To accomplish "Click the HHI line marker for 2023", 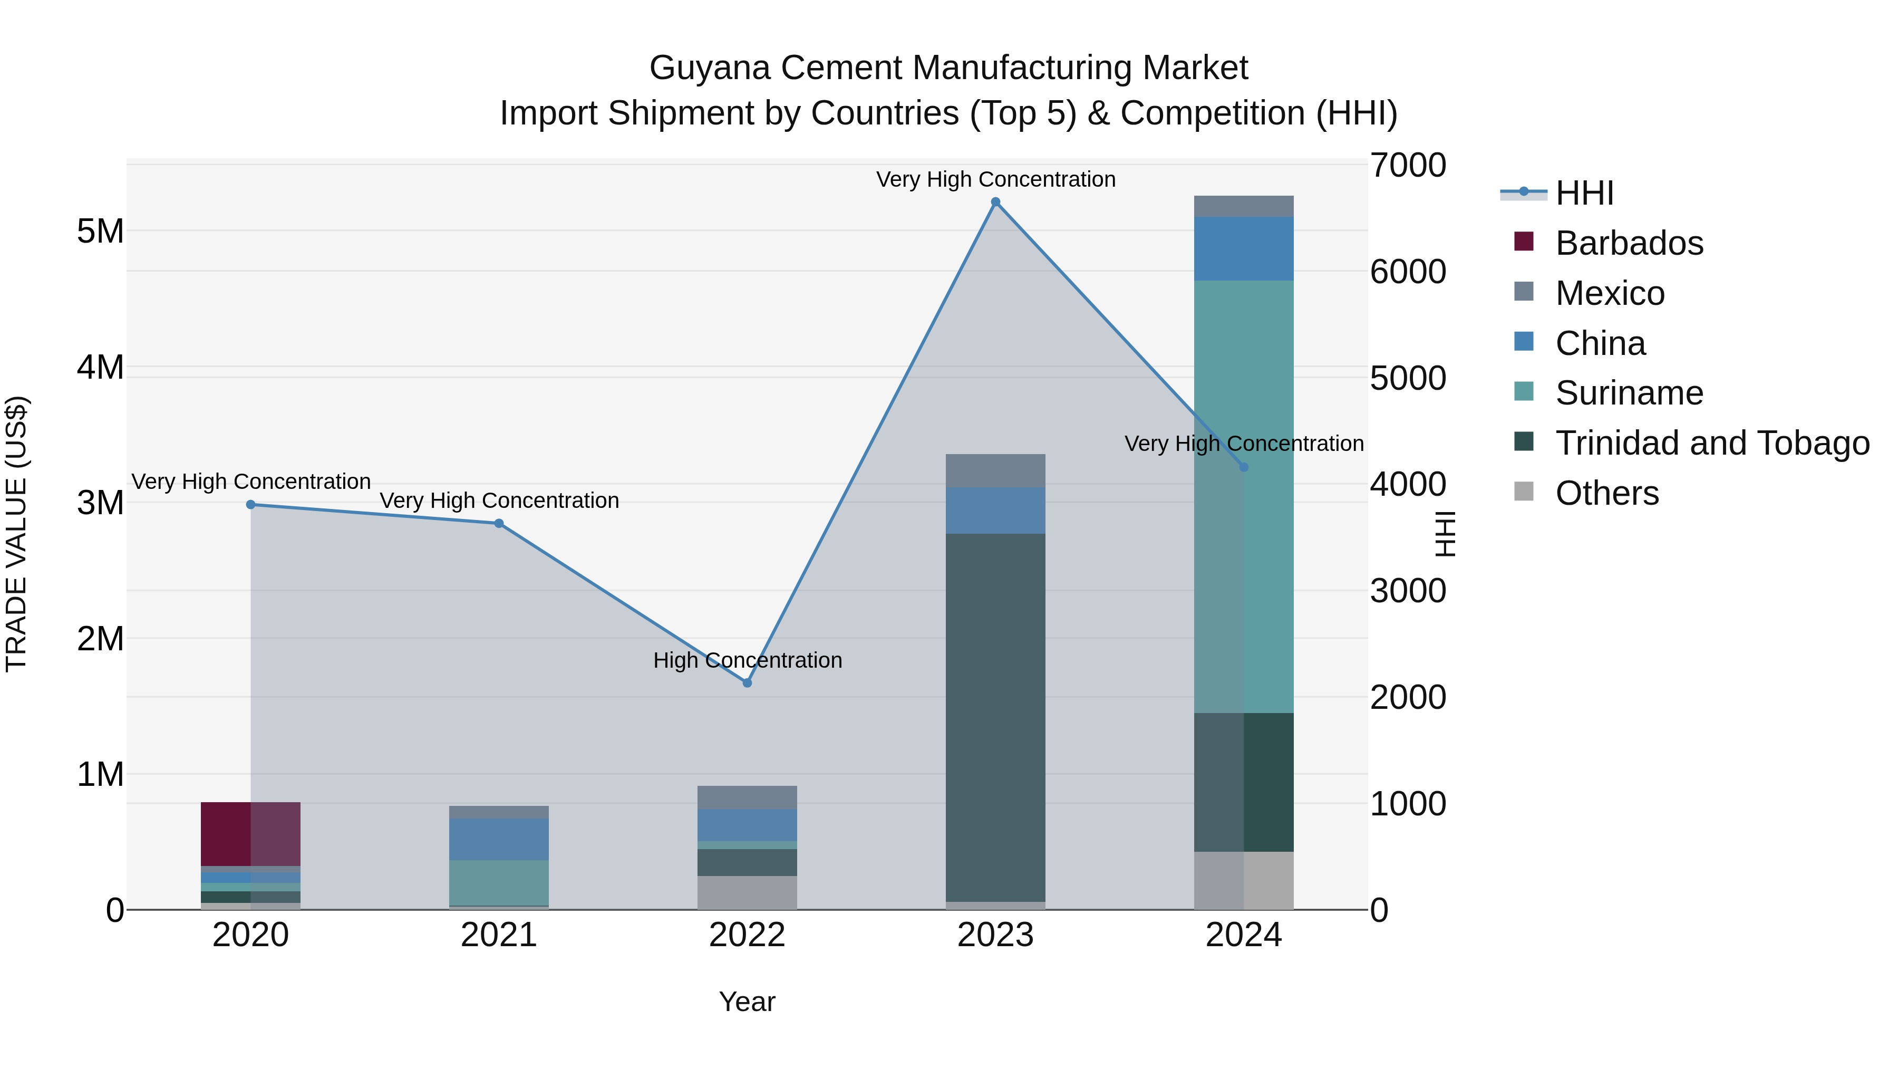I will [995, 202].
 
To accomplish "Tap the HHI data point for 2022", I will [747, 683].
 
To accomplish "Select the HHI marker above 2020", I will [250, 505].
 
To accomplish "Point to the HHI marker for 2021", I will [499, 523].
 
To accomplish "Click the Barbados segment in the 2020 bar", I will [250, 834].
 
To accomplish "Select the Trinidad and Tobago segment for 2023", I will [995, 717].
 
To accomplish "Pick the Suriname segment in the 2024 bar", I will [1244, 496].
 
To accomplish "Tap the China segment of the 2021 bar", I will [499, 839].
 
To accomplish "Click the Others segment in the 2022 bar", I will [747, 892].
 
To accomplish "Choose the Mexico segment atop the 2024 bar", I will [1244, 206].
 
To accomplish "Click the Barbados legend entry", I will [1629, 243].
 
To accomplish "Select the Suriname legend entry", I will [1629, 393].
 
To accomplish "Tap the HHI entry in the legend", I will [1584, 193].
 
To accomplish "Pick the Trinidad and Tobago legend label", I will [1711, 443].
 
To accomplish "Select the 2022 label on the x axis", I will [747, 935].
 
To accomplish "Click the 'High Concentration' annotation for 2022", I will [747, 660].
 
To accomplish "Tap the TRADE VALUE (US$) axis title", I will [17, 534].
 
